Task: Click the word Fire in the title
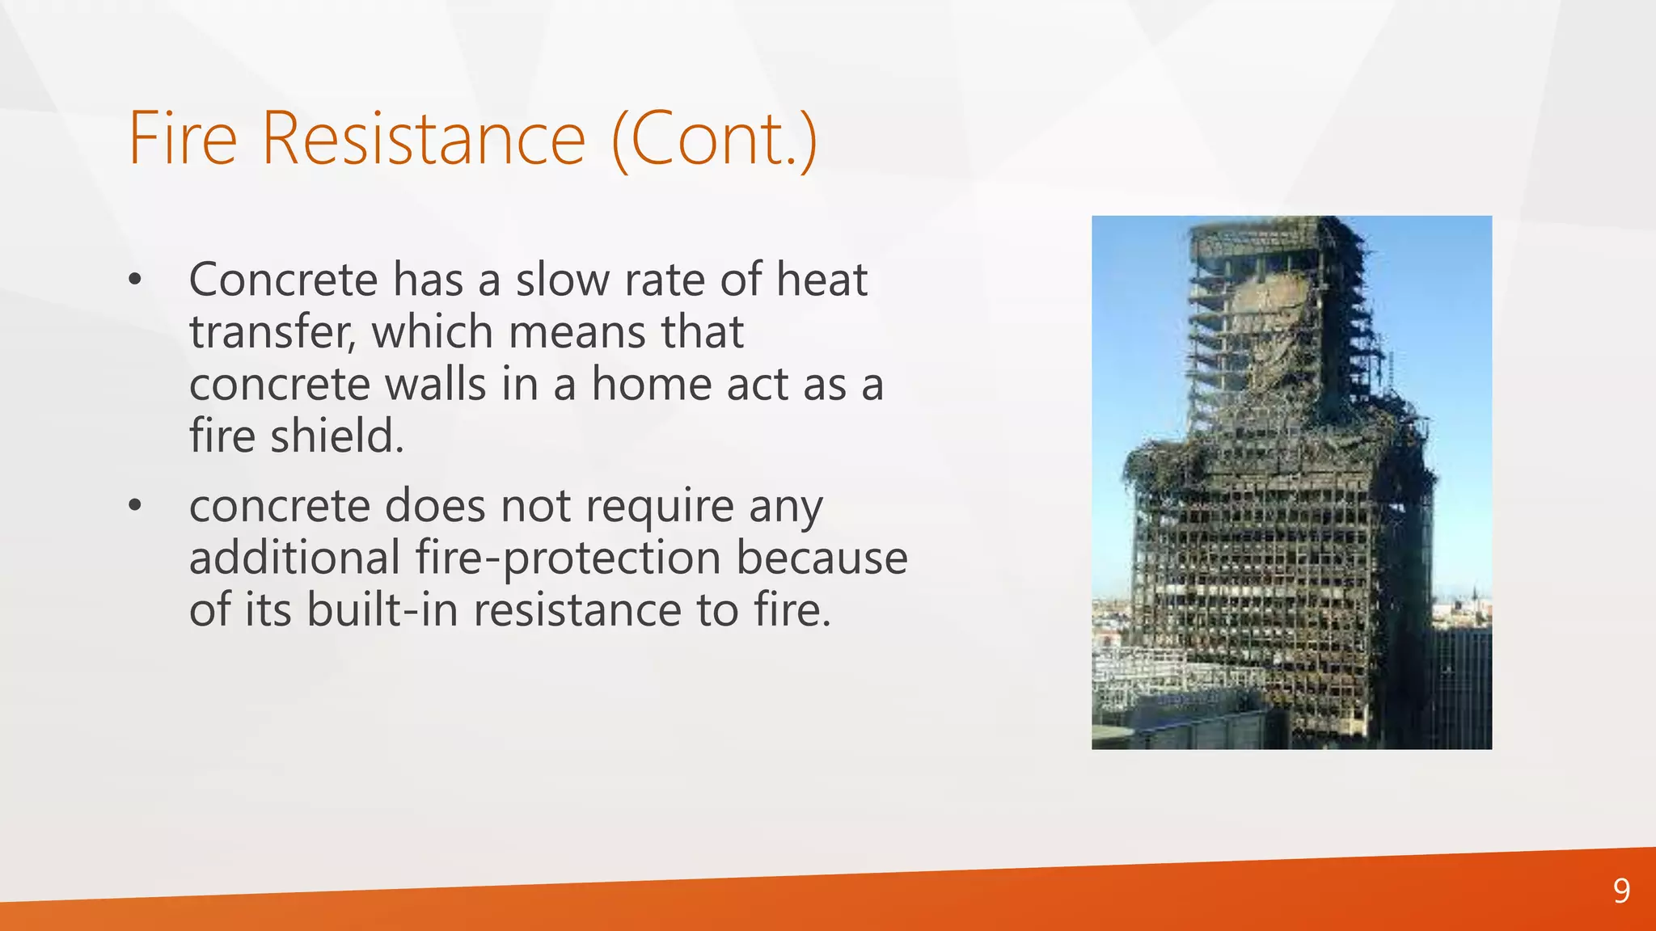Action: [x=183, y=139]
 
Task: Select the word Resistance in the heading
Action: [x=423, y=139]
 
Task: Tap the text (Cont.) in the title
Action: [x=715, y=139]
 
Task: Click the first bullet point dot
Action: [x=135, y=280]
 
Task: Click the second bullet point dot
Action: [x=135, y=507]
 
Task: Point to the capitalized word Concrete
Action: [x=283, y=280]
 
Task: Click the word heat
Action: [x=822, y=280]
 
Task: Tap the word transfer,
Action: [x=272, y=332]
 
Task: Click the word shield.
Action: [x=336, y=436]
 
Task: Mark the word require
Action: [x=659, y=508]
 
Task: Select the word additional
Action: [x=294, y=558]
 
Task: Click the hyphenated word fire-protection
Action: [x=568, y=558]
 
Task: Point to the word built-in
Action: [x=381, y=610]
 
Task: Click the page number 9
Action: [x=1621, y=891]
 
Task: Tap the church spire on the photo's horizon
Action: [x=1474, y=596]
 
